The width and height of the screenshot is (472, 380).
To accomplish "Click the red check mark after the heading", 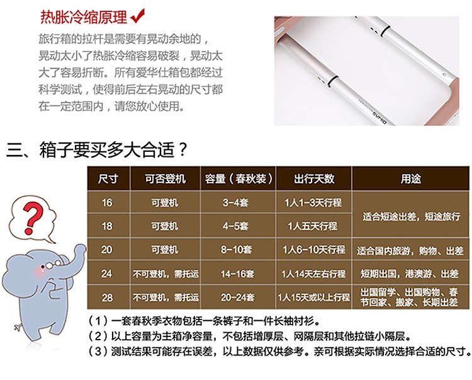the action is point(138,16).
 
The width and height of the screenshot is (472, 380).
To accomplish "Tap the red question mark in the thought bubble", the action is point(31,218).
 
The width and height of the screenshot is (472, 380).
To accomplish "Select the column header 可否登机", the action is point(166,179).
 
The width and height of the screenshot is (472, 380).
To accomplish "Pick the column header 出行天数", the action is point(314,179).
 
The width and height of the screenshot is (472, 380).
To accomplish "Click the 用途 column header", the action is point(410,179).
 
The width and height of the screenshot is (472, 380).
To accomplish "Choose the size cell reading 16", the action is point(107,202).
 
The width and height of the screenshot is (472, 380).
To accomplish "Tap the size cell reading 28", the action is point(107,297).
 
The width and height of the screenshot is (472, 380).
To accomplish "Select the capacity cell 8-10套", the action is point(236,250).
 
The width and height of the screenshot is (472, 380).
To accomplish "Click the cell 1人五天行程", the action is point(313,226).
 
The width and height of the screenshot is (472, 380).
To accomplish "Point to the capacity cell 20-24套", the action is point(237,297).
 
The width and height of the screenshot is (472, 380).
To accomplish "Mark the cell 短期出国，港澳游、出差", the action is point(410,273).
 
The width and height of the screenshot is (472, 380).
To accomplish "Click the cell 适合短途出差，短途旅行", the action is point(411,216).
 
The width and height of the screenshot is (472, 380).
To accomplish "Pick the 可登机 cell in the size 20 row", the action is point(165,250).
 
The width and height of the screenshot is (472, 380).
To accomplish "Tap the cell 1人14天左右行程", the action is point(313,273).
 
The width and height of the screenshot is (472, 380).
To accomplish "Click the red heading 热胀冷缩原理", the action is point(84,17).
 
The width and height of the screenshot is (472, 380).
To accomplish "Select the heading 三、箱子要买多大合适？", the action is point(97,149).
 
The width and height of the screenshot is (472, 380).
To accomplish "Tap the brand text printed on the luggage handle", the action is point(378,117).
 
